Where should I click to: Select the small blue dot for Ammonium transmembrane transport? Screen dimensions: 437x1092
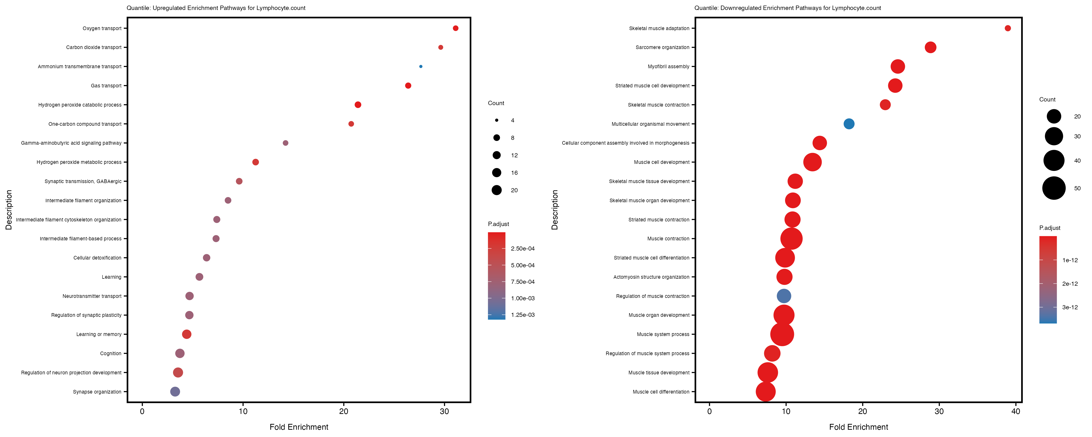click(x=421, y=67)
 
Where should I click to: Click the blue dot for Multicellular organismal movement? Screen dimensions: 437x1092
click(x=849, y=124)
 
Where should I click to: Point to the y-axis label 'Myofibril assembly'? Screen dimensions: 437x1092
click(x=669, y=67)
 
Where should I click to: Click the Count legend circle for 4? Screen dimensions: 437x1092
click(x=496, y=120)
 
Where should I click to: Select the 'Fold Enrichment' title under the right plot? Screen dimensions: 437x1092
click(x=858, y=427)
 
